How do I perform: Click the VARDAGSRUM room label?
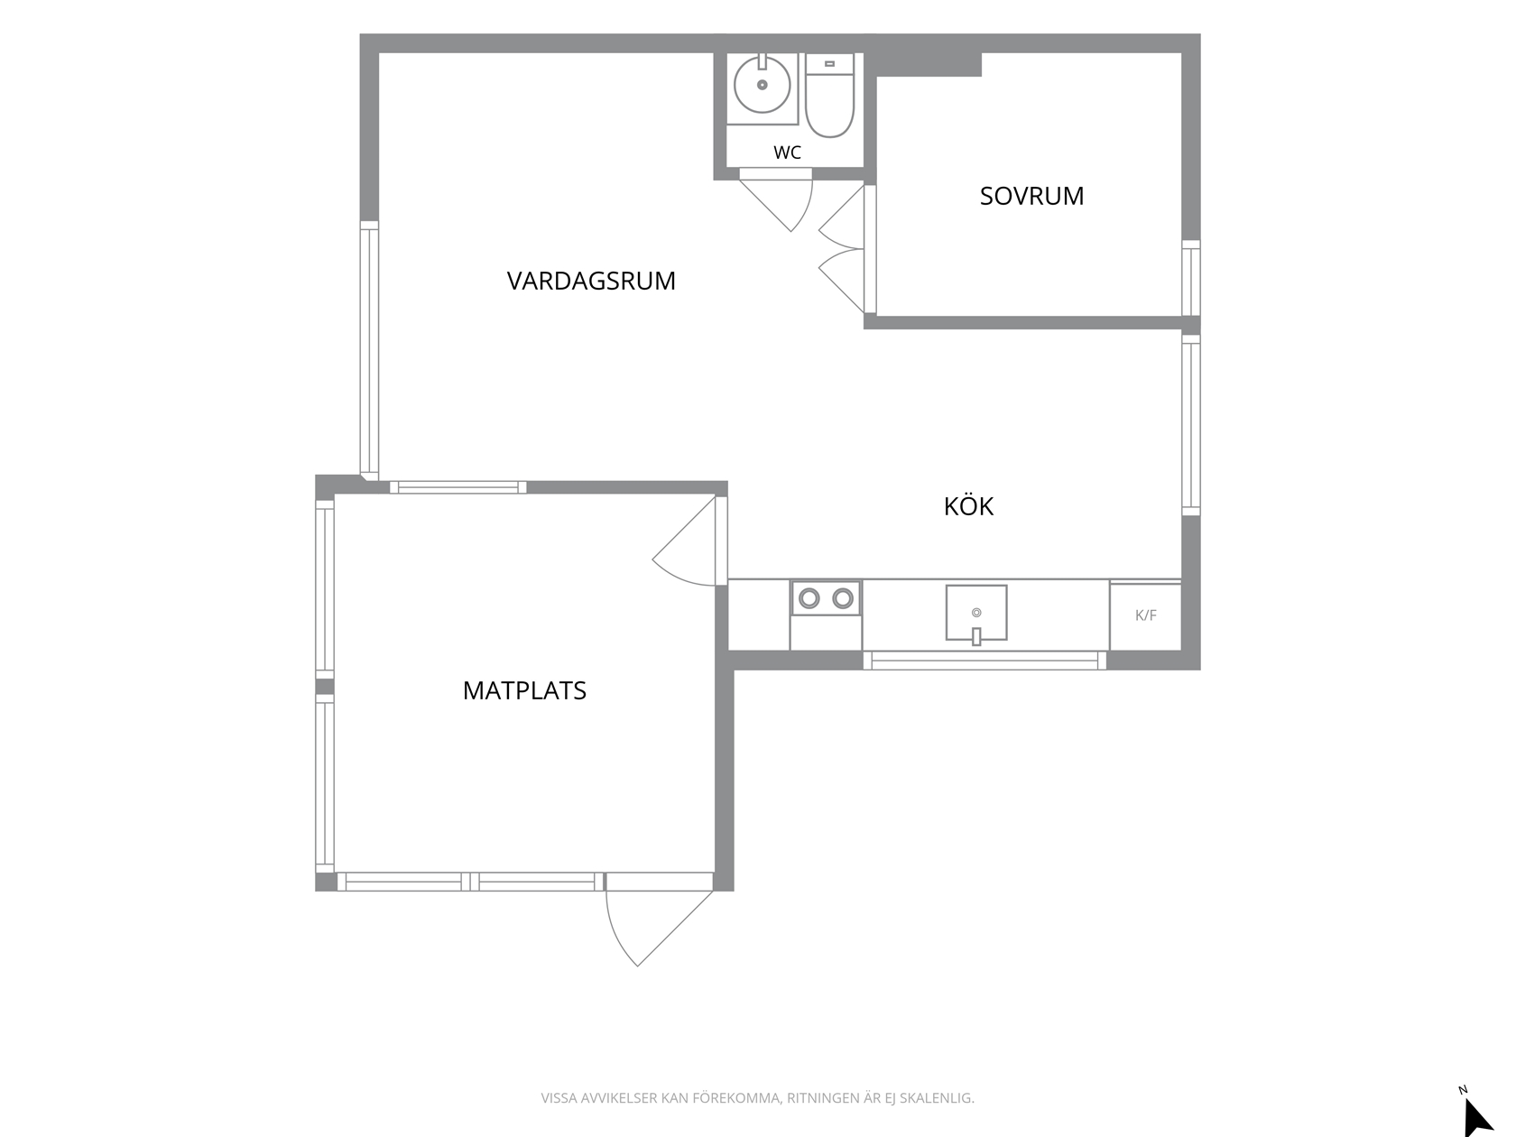click(x=591, y=281)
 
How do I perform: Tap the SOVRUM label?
click(x=1031, y=196)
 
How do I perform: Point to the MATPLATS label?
click(x=524, y=690)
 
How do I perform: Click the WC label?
click(x=788, y=153)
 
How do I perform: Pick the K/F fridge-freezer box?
click(x=1145, y=615)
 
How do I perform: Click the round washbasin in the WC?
click(x=762, y=85)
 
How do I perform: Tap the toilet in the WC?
click(x=829, y=96)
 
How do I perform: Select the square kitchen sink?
click(x=975, y=613)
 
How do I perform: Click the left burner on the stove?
click(x=809, y=598)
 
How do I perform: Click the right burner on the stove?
click(x=843, y=598)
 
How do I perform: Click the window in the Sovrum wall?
click(x=1191, y=278)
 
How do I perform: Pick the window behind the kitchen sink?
click(x=984, y=661)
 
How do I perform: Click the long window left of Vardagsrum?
click(x=369, y=351)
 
